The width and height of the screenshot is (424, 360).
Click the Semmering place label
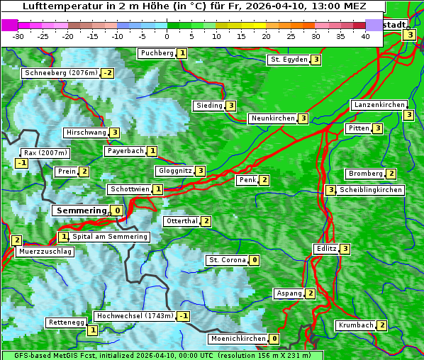[x=81, y=210]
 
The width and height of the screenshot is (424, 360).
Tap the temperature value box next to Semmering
[x=117, y=210]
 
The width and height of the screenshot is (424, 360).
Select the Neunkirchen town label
[x=272, y=118]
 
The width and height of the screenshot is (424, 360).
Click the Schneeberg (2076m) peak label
[x=60, y=73]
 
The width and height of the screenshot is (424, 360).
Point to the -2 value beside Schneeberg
[x=108, y=73]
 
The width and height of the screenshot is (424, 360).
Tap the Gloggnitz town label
[x=174, y=171]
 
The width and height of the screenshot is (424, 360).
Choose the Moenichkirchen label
[x=238, y=339]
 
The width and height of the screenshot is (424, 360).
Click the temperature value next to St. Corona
[x=255, y=260]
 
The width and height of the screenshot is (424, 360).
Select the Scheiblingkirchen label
[x=371, y=190]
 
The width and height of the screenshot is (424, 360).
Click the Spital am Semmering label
[x=110, y=237]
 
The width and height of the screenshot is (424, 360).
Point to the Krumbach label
[x=355, y=325]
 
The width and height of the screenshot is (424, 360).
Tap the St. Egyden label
[x=289, y=60]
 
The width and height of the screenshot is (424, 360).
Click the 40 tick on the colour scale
[x=365, y=35]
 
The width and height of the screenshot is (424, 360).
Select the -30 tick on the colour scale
[x=18, y=35]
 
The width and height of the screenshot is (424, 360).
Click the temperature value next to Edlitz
[x=345, y=249]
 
